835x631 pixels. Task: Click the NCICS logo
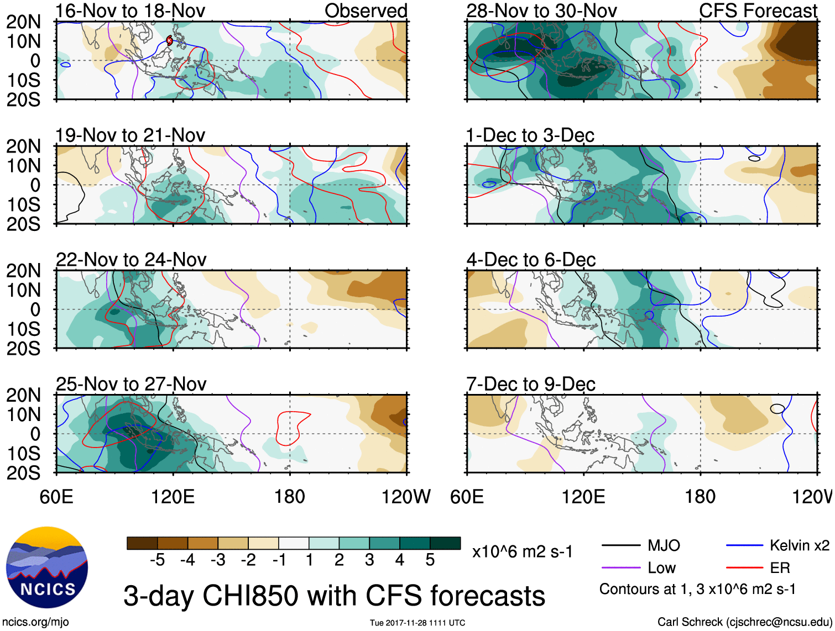[47, 567]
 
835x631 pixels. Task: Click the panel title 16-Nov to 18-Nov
[131, 10]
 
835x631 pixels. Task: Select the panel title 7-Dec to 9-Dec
[530, 384]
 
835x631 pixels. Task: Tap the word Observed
[366, 10]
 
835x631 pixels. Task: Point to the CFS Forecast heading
[758, 10]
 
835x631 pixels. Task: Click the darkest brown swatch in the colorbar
[142, 543]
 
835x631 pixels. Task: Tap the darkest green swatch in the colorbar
[445, 543]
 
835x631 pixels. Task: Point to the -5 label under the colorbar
[157, 560]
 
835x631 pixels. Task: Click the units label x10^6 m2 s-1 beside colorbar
[523, 551]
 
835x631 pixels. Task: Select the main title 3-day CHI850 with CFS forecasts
[334, 596]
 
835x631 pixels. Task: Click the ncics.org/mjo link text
[35, 622]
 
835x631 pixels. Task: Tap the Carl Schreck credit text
[744, 622]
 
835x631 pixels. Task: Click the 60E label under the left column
[56, 496]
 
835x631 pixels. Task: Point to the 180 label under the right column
[700, 496]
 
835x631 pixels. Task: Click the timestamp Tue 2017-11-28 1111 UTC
[418, 623]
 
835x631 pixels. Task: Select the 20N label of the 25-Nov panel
[23, 395]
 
